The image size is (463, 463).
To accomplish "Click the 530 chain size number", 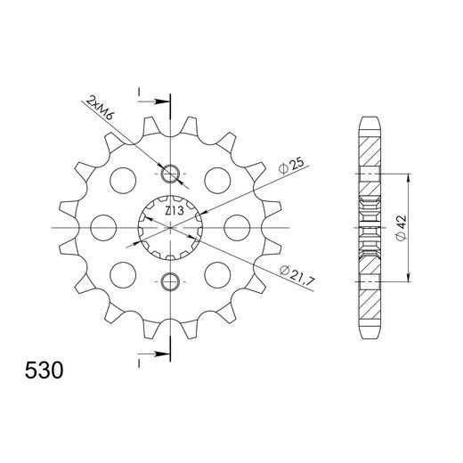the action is tap(44, 370).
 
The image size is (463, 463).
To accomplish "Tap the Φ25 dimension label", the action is tap(292, 166).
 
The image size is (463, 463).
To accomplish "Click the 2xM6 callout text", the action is tap(100, 108).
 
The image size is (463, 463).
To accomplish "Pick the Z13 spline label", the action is tap(175, 211).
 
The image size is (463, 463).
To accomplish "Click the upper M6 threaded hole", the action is tap(170, 174).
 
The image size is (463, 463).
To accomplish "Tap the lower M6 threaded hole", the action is tap(170, 281).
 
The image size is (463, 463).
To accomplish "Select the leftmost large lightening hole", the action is tap(103, 228).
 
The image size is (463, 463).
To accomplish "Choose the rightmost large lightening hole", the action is tap(237, 228).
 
